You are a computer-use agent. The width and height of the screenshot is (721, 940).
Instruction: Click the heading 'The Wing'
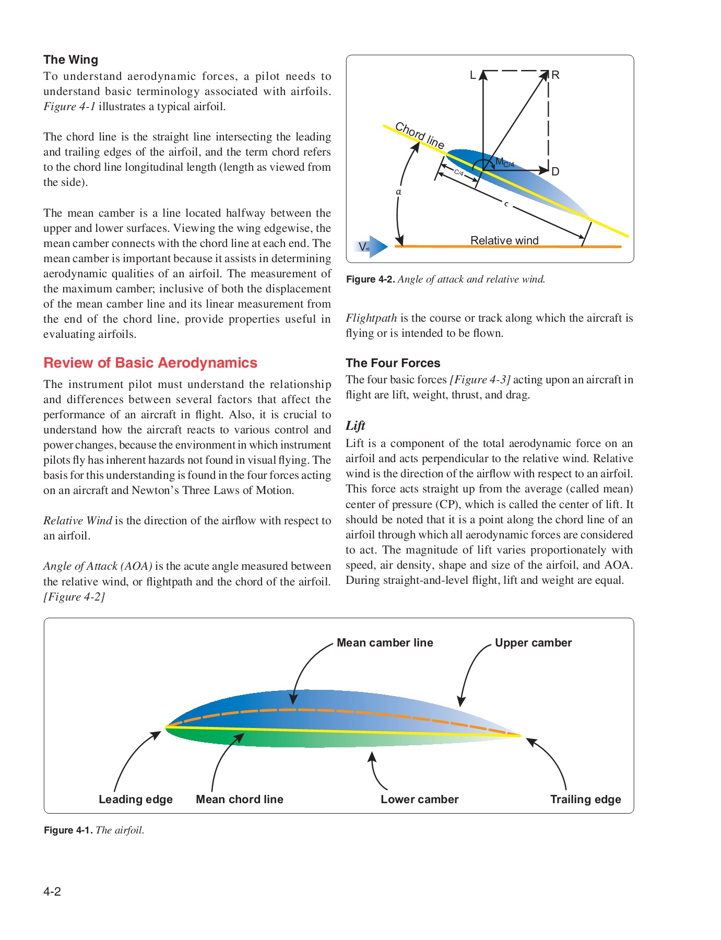[x=70, y=60]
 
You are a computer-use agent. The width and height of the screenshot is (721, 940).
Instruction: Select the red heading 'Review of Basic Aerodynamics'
[x=150, y=363]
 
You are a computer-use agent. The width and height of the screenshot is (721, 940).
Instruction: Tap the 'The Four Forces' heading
[x=393, y=363]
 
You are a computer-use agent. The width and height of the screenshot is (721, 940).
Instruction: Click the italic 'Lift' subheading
[x=355, y=426]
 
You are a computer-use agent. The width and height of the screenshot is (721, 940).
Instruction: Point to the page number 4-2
[x=52, y=891]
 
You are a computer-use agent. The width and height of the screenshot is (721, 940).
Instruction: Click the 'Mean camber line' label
[x=385, y=643]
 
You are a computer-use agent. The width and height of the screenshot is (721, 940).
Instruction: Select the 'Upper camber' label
[x=533, y=643]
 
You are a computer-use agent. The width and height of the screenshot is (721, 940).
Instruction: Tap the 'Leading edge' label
[x=135, y=800]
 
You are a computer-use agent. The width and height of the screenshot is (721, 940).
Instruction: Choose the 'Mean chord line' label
[x=239, y=800]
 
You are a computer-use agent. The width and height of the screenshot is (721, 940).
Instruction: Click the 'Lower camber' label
[x=419, y=800]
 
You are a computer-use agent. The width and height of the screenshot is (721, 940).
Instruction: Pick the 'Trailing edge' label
[x=585, y=800]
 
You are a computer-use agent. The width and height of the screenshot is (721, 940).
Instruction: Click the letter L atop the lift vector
[x=473, y=75]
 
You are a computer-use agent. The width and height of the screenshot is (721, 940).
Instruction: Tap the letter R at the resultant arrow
[x=555, y=75]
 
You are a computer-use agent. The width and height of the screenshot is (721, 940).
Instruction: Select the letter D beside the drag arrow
[x=555, y=171]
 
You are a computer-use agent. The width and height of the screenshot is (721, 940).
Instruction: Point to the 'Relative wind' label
[x=504, y=240]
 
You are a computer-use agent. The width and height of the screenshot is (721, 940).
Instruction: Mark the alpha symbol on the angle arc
[x=398, y=192]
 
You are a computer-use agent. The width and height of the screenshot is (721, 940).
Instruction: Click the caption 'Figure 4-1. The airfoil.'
[x=94, y=830]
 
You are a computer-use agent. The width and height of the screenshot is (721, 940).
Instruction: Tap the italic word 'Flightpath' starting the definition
[x=371, y=318]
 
